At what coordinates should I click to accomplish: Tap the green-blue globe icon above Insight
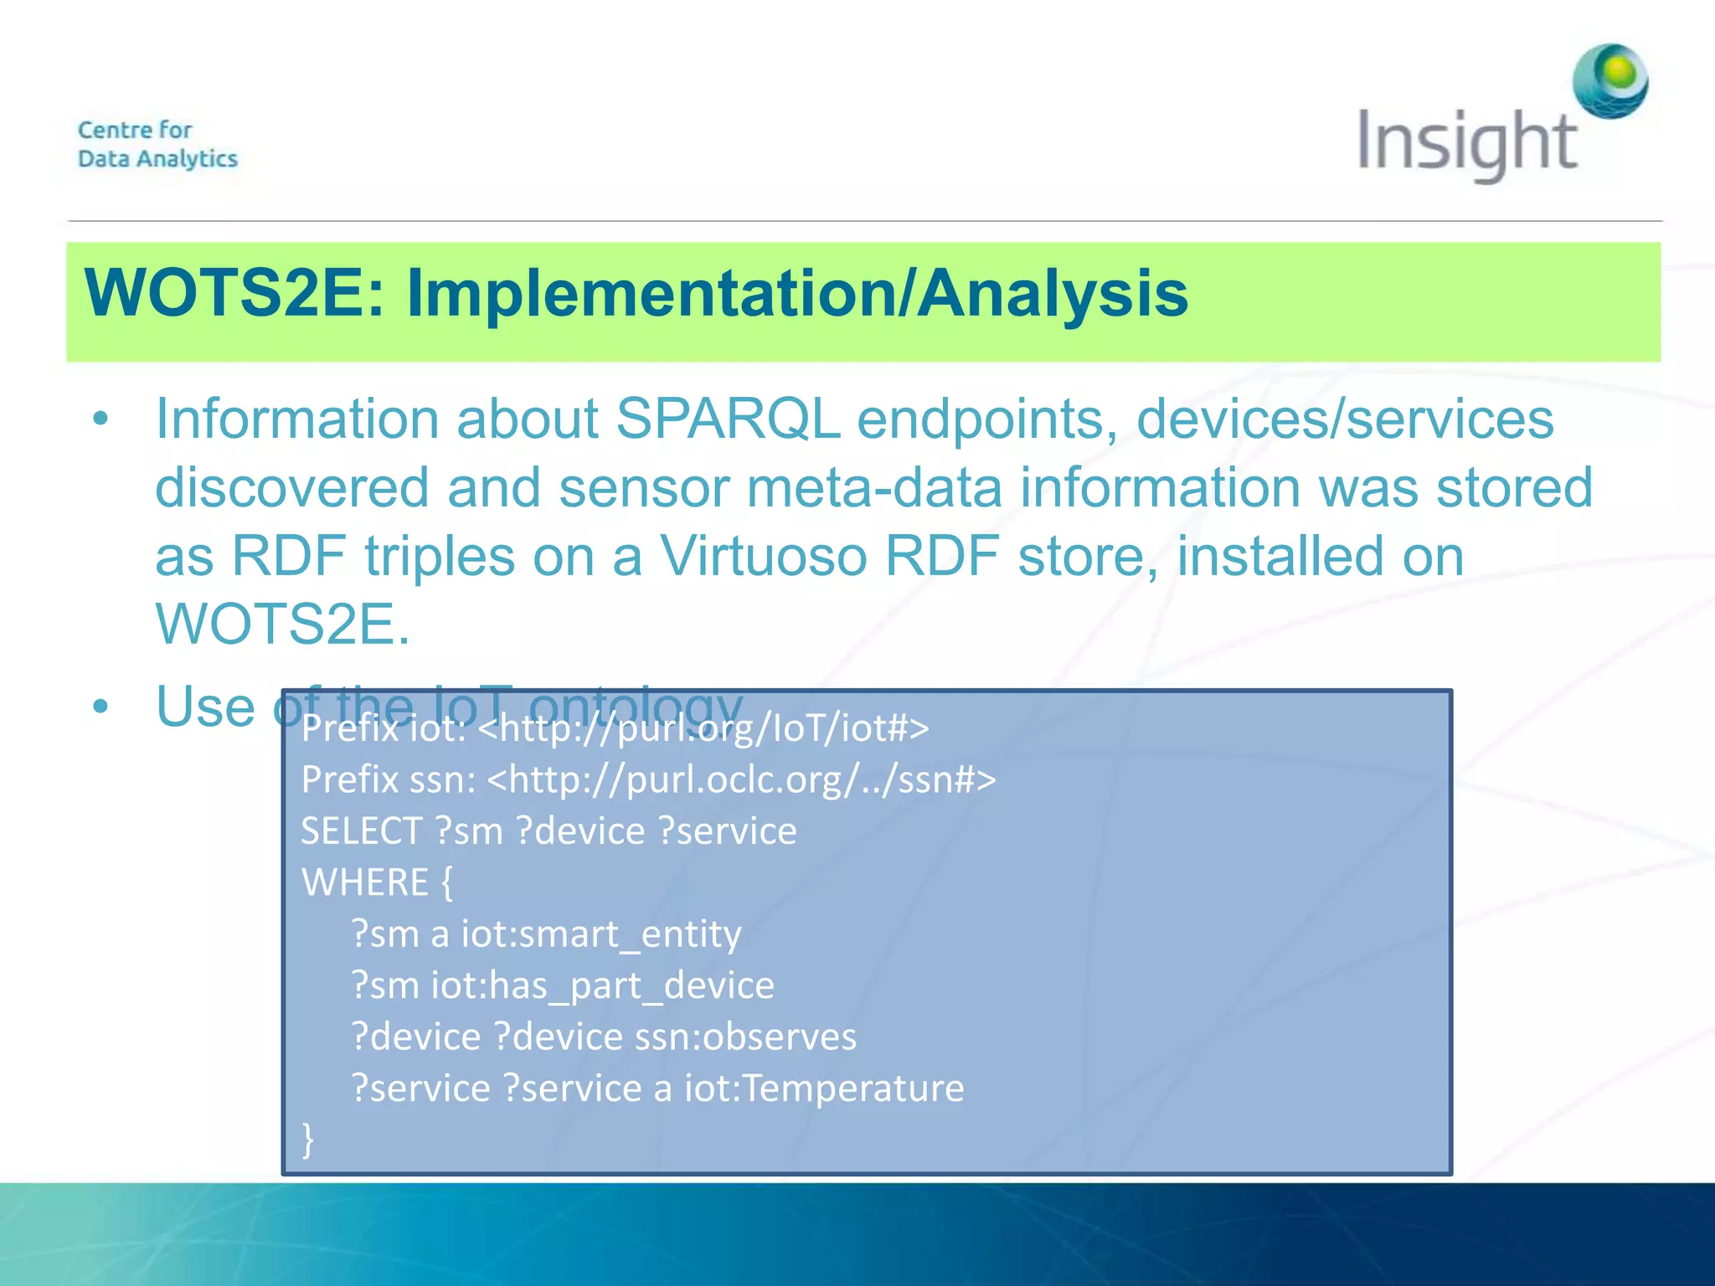[1610, 81]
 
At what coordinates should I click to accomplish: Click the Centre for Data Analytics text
[157, 144]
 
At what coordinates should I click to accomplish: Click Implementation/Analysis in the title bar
[796, 295]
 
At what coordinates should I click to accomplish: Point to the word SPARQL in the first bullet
[728, 419]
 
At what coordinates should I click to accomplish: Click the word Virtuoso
[763, 556]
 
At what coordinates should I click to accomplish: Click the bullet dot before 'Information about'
[100, 419]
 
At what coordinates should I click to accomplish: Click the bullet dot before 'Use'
[100, 707]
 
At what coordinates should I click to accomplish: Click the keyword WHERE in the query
[365, 882]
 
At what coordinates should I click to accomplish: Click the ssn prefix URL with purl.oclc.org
[741, 780]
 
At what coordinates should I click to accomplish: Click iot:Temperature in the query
[824, 1088]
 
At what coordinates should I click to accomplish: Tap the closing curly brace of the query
[308, 1139]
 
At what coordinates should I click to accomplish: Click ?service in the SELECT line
[727, 831]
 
